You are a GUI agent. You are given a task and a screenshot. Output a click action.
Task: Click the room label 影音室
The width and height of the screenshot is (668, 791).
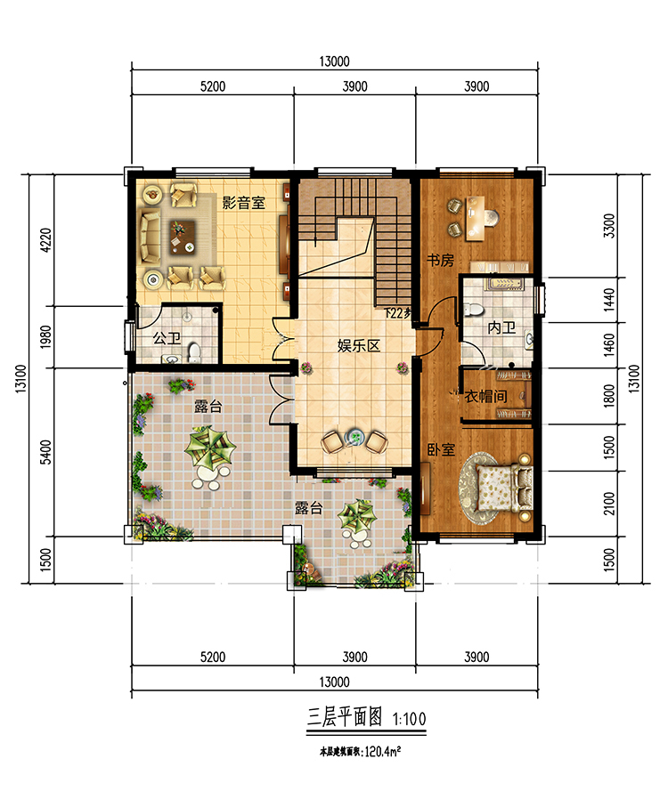pyautogui.click(x=243, y=203)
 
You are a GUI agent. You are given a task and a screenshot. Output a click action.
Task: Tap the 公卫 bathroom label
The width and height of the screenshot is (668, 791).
pyautogui.click(x=167, y=338)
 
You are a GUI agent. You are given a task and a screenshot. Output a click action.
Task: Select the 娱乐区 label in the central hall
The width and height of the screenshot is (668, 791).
pyautogui.click(x=358, y=345)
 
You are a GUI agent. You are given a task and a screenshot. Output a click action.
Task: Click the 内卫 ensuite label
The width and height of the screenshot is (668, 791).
pyautogui.click(x=501, y=327)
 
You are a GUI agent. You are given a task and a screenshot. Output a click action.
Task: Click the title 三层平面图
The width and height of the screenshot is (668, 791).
pyautogui.click(x=343, y=716)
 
